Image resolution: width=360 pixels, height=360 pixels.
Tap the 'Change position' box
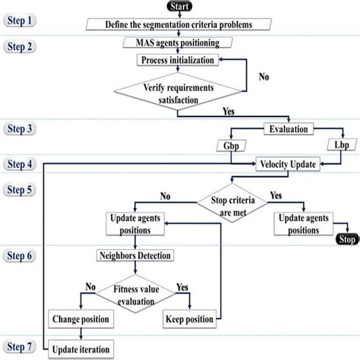80,317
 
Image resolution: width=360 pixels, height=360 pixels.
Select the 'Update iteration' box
81,349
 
